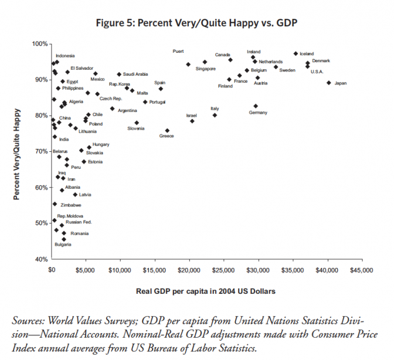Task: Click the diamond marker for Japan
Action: pyautogui.click(x=329, y=83)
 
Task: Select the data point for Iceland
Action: pyautogui.click(x=296, y=53)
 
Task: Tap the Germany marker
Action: pyautogui.click(x=256, y=106)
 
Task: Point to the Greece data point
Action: pyautogui.click(x=167, y=131)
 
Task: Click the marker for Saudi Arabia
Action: pyautogui.click(x=119, y=74)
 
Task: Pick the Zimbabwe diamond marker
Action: pyautogui.click(x=55, y=204)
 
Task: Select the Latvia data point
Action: pyautogui.click(x=75, y=194)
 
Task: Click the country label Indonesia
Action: pyautogui.click(x=65, y=56)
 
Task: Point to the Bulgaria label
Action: pyautogui.click(x=63, y=244)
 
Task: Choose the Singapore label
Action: pyautogui.click(x=206, y=69)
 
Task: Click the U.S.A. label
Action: pyautogui.click(x=317, y=72)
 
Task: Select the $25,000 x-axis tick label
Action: pyautogui.click(x=223, y=270)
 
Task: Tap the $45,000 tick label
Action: pyautogui.click(x=361, y=270)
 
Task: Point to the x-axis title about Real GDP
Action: pyautogui.click(x=206, y=290)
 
